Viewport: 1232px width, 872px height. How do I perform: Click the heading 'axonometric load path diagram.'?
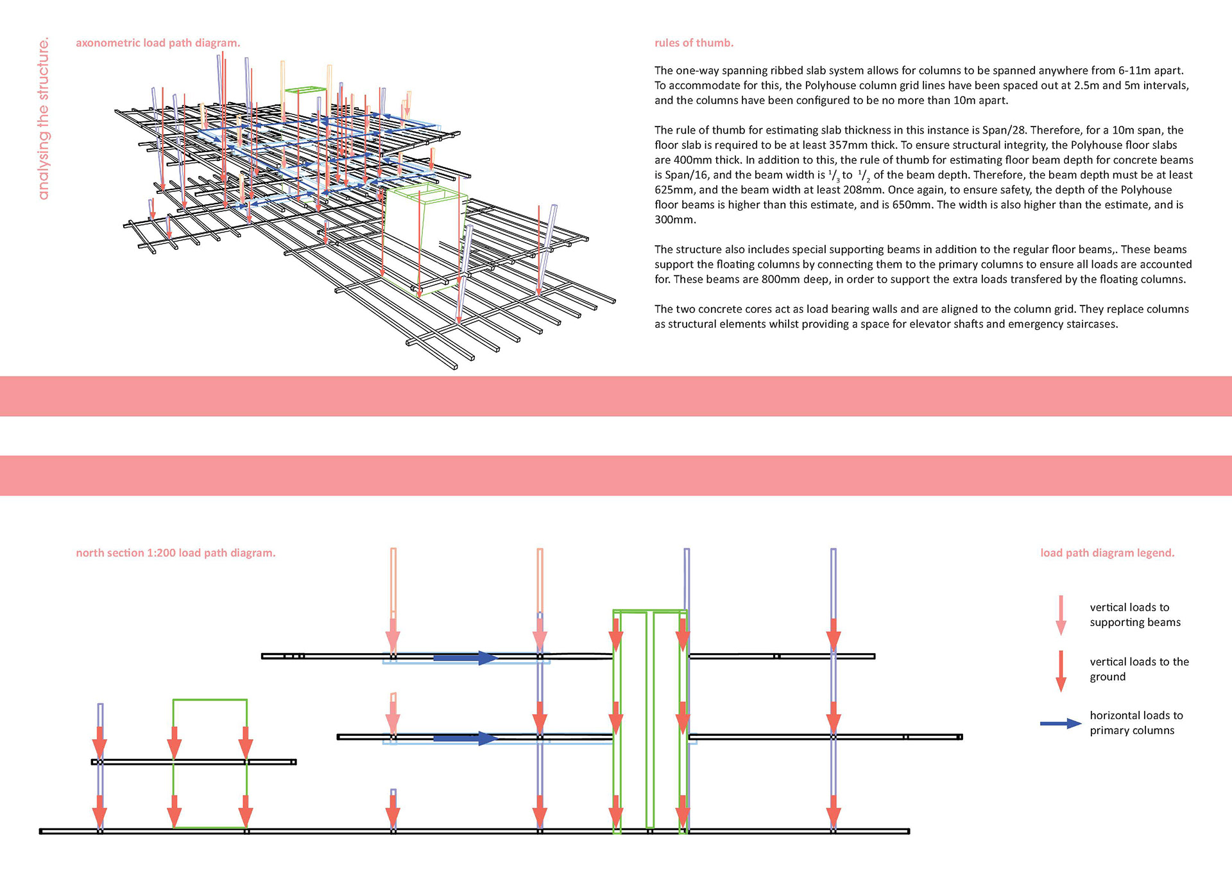tap(158, 43)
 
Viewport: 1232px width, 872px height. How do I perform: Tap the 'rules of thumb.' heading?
tap(694, 43)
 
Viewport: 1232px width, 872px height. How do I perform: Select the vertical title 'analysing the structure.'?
tap(43, 119)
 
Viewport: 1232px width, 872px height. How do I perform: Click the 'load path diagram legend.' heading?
tap(1107, 553)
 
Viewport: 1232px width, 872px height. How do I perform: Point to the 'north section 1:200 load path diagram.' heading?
tap(175, 553)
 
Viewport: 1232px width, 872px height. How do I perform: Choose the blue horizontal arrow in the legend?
tap(1061, 724)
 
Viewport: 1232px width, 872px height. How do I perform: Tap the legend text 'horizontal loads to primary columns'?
tap(1136, 723)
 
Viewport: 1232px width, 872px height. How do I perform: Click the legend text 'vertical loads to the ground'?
tap(1139, 669)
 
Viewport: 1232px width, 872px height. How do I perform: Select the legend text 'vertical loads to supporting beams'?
tap(1134, 615)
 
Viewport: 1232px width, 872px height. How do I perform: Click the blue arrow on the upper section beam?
tap(465, 658)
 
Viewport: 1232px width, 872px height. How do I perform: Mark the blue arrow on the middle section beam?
tap(465, 738)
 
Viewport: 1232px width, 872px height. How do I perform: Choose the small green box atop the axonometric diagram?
tap(305, 91)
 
